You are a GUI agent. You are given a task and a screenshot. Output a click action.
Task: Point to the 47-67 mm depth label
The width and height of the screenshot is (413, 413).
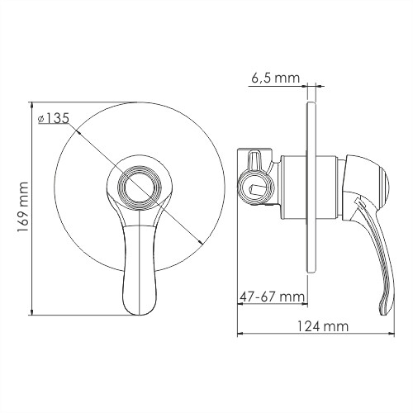[271, 295]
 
